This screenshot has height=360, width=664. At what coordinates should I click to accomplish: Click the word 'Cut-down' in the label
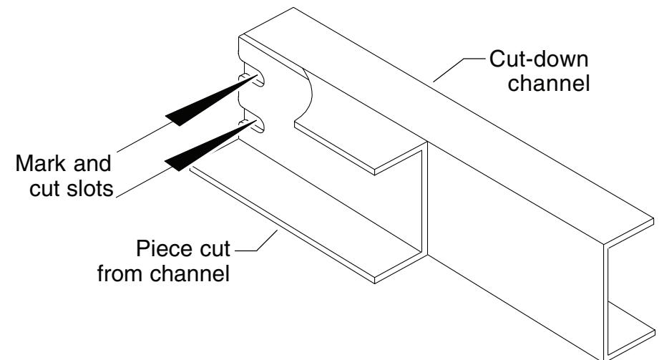click(x=539, y=59)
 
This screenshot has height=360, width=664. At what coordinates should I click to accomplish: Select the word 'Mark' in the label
click(x=40, y=163)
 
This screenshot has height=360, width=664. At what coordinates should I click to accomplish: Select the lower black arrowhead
click(x=210, y=146)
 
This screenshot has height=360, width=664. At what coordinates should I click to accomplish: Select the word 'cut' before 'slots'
click(x=45, y=188)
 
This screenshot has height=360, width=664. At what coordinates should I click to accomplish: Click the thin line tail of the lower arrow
click(x=145, y=182)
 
